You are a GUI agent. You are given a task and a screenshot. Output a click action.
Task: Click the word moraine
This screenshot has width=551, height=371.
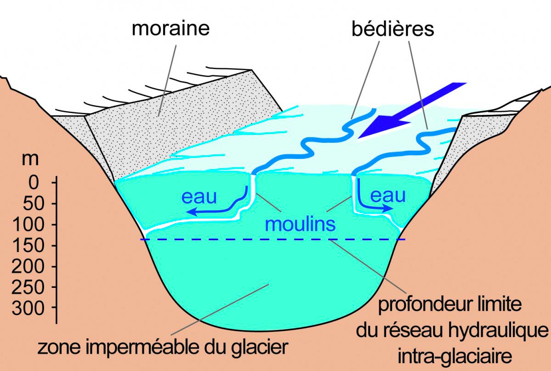coord(171,28)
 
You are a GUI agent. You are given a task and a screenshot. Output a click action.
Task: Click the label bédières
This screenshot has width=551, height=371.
coord(393,29)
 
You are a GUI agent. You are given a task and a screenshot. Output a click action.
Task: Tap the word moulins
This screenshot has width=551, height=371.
coord(300,224)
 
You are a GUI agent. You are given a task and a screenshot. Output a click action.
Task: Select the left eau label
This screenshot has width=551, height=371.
coord(199,197)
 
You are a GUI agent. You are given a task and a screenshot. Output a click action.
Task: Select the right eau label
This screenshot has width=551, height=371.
coord(388,196)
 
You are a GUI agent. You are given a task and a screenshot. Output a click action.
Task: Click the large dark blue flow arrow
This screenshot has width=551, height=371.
coord(412,110)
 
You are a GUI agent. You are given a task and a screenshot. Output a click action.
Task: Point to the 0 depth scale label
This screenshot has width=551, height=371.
coord(34,183)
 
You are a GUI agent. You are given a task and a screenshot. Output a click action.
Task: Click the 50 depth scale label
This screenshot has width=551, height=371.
coord(34,204)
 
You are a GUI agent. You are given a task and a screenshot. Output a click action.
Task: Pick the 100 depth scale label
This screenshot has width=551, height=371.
coord(28,225)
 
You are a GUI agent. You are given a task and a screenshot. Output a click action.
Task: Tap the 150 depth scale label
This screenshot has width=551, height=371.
coord(28,246)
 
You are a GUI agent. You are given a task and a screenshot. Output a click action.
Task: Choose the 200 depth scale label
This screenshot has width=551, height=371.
coord(28,266)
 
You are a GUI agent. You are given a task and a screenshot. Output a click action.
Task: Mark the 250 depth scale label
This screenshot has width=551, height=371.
coord(28,287)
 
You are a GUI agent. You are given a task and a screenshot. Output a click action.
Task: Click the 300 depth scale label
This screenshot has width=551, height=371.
coord(28,308)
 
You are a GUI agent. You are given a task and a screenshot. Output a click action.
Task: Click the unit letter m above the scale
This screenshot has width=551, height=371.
coord(30,159)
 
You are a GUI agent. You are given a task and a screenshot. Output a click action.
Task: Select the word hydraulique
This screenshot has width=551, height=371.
coord(498,331)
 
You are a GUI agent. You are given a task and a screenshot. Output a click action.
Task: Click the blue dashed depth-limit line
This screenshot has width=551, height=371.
coord(273,239)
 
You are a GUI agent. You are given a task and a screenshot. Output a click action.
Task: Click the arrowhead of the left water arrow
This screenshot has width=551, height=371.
coord(191,211)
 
